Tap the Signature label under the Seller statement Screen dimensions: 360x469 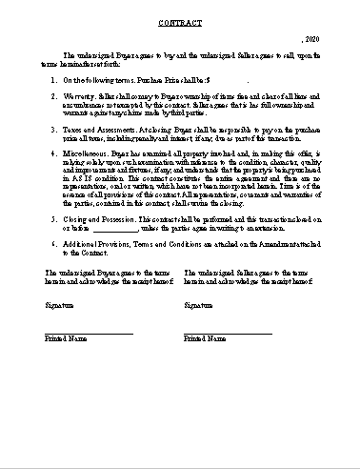pyautogui.click(x=198, y=305)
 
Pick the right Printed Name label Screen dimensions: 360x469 pyautogui.click(x=204, y=338)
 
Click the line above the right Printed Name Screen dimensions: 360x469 pyautogui.click(x=228, y=333)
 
